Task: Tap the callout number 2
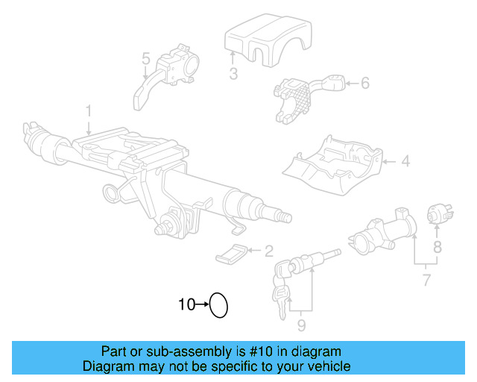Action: coord(268,251)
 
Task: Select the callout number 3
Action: coord(233,74)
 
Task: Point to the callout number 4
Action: coord(405,160)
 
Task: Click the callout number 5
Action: coord(146,57)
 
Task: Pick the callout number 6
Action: coord(364,83)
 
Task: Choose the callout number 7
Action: coord(426,281)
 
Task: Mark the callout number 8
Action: coord(437,245)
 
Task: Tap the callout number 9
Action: coord(301,325)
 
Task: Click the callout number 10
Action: coord(186,304)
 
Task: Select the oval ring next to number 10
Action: coord(218,304)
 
